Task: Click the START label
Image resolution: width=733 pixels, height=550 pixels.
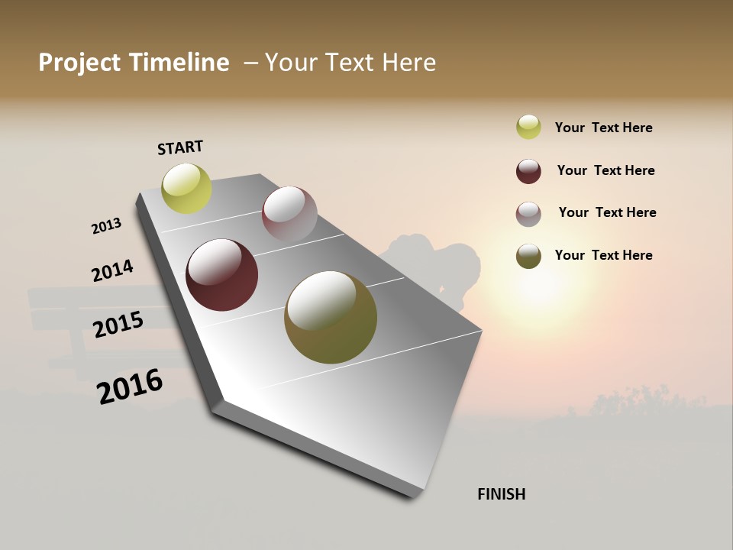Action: (180, 147)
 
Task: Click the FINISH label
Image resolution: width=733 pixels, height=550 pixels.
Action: (501, 494)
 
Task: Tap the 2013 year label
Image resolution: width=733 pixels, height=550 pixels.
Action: (106, 226)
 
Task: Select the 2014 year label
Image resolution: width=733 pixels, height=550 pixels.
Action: (112, 271)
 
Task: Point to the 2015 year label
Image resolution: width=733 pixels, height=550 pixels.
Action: (118, 325)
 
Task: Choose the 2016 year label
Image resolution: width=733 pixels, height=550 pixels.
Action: (130, 387)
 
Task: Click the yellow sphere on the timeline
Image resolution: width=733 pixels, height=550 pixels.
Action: (187, 189)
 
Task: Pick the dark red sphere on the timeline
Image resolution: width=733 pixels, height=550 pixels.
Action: (222, 275)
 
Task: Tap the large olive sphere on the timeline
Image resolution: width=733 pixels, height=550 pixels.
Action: (331, 317)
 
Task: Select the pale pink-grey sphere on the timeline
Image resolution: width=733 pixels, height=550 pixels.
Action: (289, 214)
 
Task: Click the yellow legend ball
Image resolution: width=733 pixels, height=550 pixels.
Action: (528, 127)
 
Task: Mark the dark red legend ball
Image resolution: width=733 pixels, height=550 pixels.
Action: (528, 171)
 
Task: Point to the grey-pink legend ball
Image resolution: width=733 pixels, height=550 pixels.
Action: (528, 214)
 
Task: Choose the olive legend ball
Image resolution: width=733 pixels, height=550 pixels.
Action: (528, 256)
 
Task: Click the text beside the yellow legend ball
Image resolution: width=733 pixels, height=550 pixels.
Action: (603, 128)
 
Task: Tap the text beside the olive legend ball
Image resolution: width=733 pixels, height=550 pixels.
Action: (603, 255)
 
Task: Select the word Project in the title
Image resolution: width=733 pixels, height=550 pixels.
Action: (79, 63)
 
